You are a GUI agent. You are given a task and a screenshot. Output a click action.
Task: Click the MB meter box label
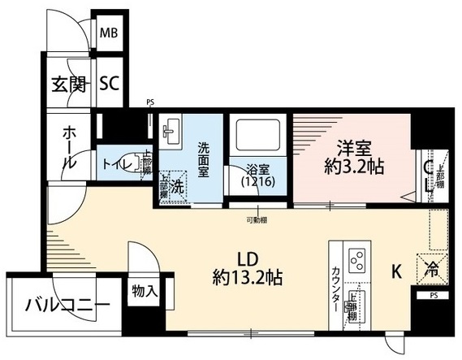pos(109,35)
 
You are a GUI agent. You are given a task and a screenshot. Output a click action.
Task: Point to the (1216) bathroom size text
pos(257,184)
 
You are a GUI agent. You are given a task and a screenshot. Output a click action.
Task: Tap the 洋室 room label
pos(355,150)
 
